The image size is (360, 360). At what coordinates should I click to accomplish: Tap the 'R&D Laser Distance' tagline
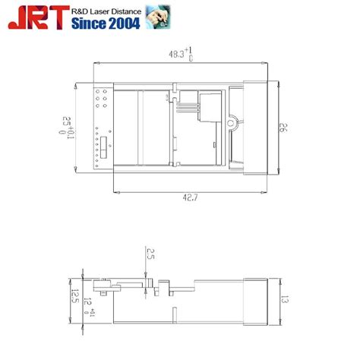(107, 9)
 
